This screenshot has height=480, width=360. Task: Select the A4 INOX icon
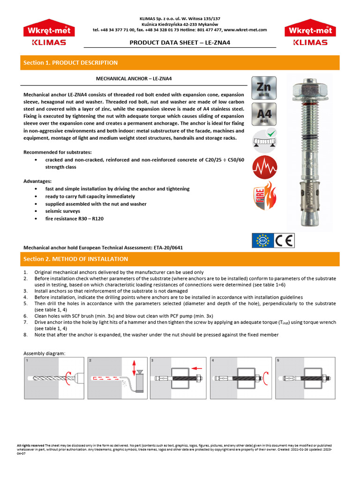(x=264, y=115)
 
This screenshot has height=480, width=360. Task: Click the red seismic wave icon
(x=264, y=168)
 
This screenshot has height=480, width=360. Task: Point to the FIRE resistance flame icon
(x=264, y=196)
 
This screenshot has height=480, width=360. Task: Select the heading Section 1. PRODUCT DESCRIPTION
(x=71, y=63)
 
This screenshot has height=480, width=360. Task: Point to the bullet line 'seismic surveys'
(x=63, y=211)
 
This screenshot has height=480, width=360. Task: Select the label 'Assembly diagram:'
(x=45, y=353)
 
